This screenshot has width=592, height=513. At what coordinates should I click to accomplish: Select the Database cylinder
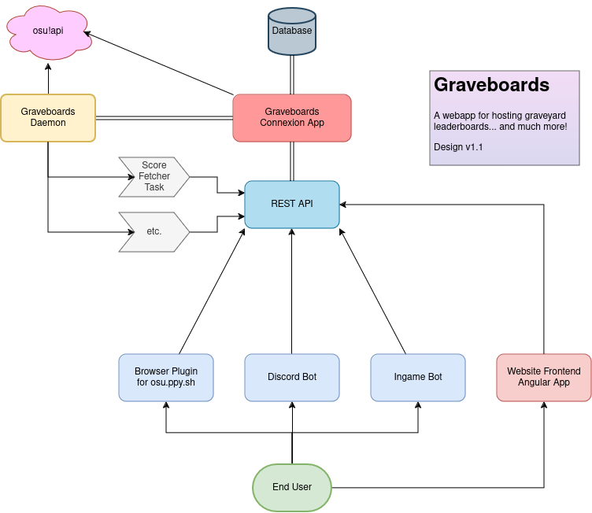[x=292, y=31]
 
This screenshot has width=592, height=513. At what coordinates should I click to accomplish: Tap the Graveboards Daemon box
[x=48, y=117]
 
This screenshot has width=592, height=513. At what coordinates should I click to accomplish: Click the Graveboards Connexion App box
[x=292, y=117]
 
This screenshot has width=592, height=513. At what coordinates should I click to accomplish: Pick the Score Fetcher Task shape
[x=154, y=176]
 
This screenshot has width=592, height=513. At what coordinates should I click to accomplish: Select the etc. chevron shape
[x=154, y=231]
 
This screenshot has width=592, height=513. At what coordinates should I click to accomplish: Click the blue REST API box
[x=292, y=204]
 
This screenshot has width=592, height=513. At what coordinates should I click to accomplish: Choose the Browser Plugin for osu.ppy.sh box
[x=166, y=377]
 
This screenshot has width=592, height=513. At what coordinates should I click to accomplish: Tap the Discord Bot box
[x=292, y=377]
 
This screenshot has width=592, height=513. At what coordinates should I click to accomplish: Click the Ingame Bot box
[x=418, y=377]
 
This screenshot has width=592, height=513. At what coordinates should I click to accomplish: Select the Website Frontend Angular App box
[x=544, y=377]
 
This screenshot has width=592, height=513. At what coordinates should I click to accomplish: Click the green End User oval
[x=292, y=487]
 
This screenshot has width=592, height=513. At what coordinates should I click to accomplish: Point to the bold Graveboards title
[x=492, y=84]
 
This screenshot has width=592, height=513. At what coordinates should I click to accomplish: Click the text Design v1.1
[x=458, y=147]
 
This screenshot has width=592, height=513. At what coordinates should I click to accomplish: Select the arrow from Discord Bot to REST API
[x=292, y=291]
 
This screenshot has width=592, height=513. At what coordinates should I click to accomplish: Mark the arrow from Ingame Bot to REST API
[x=372, y=291]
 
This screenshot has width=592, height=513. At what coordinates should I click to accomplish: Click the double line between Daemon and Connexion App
[x=164, y=118]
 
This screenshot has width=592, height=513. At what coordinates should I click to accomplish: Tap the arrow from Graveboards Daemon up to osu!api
[x=48, y=79]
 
